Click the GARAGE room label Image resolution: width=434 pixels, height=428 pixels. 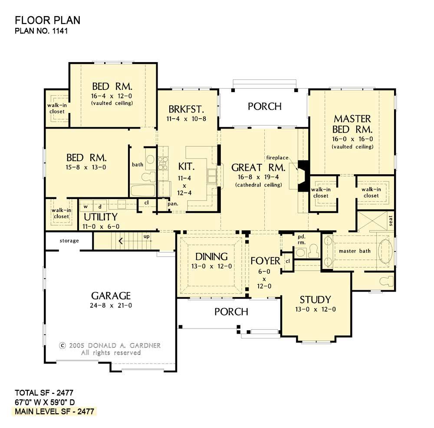[x=111, y=296]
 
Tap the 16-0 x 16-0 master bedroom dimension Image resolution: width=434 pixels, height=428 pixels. [x=352, y=139]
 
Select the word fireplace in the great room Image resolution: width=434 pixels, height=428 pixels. [x=277, y=158]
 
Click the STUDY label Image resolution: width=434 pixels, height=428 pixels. [x=315, y=300]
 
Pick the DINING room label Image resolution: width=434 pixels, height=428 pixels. [x=211, y=257]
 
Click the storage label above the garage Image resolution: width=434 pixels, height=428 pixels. [x=69, y=241]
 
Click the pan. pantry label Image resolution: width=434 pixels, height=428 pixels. [x=173, y=204]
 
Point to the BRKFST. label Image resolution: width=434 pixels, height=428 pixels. [x=186, y=109]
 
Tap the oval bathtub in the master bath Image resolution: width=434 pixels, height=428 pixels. [x=385, y=251]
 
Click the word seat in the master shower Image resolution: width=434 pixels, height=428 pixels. [x=391, y=221]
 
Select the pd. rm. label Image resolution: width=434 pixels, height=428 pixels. [x=302, y=239]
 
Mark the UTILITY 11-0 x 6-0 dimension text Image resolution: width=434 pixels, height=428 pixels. [x=101, y=226]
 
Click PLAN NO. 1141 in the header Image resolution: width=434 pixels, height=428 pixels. [x=41, y=30]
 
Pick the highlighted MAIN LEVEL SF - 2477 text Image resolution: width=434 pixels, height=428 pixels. [x=55, y=411]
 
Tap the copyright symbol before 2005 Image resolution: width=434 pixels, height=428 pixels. [x=62, y=346]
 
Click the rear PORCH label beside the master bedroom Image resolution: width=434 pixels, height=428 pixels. [x=265, y=106]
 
